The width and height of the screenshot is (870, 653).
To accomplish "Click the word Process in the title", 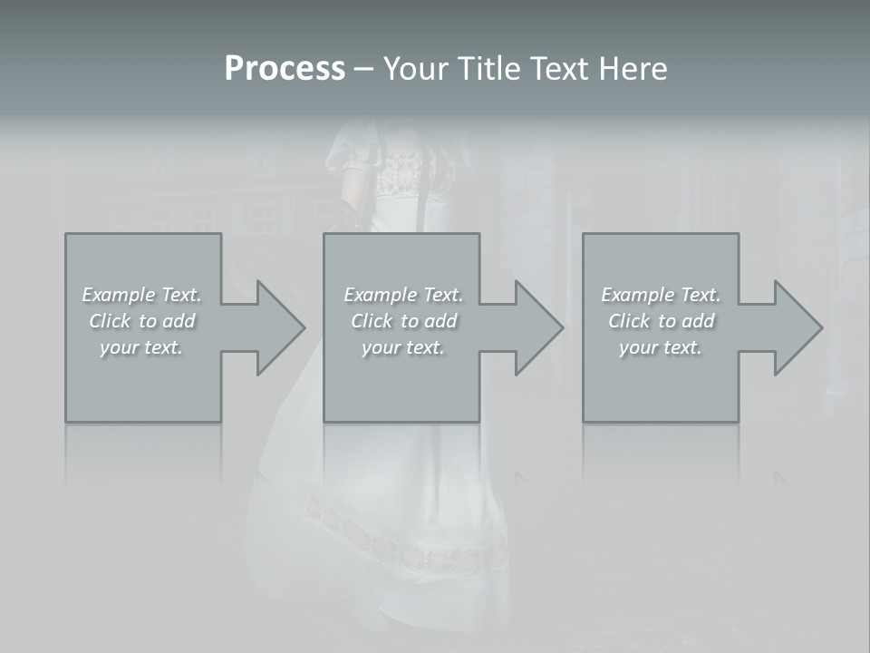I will coord(285,69).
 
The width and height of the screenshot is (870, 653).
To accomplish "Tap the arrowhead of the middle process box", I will coord(537,327).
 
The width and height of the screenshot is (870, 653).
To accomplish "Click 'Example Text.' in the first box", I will coord(141,295).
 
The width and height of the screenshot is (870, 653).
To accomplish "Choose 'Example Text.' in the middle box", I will coord(403,295).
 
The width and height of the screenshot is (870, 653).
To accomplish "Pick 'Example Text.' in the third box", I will coord(662,295).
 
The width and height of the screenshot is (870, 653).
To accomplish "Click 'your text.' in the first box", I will coord(141,347).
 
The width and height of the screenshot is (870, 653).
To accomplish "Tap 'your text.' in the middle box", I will coord(403,347).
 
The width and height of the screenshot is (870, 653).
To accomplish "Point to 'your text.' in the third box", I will coord(662,347).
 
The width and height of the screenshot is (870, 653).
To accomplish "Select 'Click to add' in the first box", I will coord(141,321).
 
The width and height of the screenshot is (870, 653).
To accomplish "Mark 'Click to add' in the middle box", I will coord(403,321).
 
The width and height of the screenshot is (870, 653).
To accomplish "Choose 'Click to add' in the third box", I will coord(662,321).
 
